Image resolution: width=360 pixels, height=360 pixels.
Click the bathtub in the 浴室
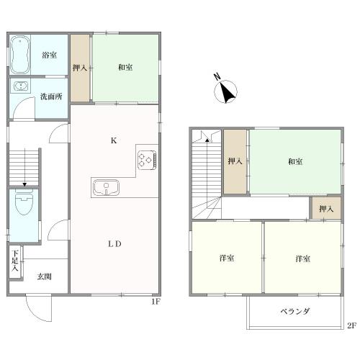coord(20,55)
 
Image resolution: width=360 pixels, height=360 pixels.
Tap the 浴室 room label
coord(50,55)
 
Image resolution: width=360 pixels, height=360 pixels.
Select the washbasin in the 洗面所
coord(21,86)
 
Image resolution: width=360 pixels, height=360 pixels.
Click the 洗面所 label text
coord(51,96)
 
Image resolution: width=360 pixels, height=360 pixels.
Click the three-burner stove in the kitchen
coord(147,160)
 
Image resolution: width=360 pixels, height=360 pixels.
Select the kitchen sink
coord(107,187)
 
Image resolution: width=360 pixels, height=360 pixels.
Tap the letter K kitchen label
coord(114,140)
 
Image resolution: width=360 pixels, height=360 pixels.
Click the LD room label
coord(114,244)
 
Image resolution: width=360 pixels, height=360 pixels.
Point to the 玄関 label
coord(45,276)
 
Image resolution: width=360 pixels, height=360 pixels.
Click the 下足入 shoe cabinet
coord(16,262)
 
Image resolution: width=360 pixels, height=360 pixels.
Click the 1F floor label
coord(156,302)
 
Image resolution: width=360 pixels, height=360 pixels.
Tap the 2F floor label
coord(351,325)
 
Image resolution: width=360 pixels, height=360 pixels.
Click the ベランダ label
coord(295,311)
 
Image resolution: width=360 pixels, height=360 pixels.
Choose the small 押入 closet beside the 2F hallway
coord(326,208)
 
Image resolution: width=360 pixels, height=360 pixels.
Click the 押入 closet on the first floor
coord(80,68)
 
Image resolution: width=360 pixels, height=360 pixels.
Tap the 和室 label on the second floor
coord(295,162)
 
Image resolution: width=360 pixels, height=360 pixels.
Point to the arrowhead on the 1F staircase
coord(24,184)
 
